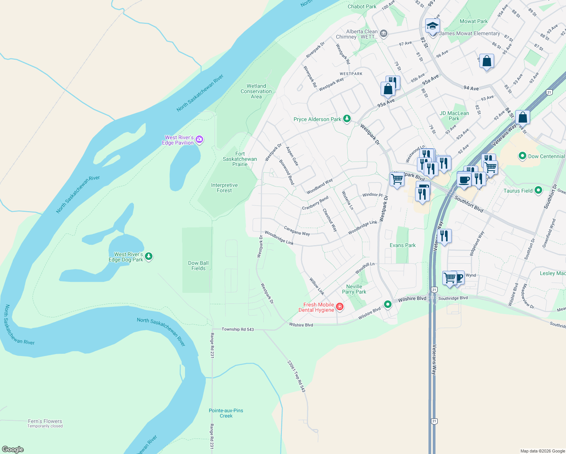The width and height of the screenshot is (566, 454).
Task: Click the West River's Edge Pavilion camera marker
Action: [199, 140]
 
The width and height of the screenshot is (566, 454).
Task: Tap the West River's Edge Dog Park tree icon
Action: [149, 257]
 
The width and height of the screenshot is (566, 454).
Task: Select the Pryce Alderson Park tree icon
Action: [347, 119]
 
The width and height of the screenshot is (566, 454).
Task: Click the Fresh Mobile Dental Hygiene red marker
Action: [340, 307]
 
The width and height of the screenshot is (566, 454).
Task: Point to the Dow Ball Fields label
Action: [198, 266]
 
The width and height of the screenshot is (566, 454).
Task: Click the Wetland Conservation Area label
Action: [256, 91]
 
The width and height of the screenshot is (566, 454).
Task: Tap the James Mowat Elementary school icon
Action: [432, 26]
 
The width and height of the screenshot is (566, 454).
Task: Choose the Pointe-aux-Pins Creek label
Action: [226, 413]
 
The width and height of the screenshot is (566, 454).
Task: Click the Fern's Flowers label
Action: [45, 421]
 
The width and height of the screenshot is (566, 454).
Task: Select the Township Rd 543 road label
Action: [238, 329]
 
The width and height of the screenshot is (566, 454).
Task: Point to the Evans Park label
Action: [403, 245]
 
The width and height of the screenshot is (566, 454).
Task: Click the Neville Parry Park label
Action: [354, 289]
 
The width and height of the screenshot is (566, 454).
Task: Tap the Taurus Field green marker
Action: [539, 191]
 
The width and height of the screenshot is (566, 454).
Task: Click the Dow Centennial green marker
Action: [522, 156]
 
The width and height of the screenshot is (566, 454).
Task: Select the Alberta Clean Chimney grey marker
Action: [383, 34]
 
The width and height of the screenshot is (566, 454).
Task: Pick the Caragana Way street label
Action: [297, 231]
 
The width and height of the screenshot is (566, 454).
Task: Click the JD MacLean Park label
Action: [454, 116]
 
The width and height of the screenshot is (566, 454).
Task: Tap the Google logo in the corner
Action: [13, 449]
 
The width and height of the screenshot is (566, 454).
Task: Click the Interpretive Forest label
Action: [224, 188]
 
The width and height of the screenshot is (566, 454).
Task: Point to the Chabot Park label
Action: [362, 6]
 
